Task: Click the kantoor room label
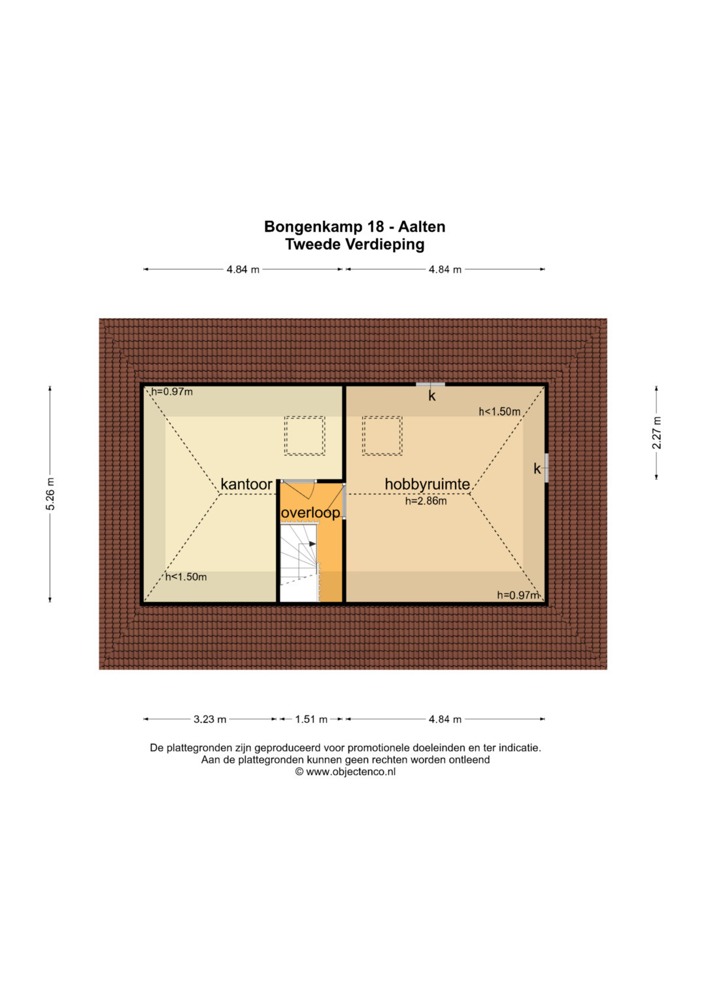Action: [246, 484]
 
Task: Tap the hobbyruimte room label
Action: [428, 484]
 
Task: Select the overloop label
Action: [311, 513]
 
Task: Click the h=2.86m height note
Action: [426, 501]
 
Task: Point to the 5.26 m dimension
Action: [50, 493]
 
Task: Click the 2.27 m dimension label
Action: [656, 433]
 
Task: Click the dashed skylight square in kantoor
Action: [305, 435]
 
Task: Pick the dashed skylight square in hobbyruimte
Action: [382, 435]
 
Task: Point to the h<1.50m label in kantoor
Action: [186, 577]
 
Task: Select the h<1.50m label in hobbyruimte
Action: [499, 412]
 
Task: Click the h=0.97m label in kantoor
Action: [172, 392]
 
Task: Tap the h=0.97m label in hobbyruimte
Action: [518, 595]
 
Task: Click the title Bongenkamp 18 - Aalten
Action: [355, 227]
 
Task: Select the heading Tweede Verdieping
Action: [355, 244]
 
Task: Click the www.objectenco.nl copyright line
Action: [345, 772]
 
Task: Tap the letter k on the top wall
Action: [432, 395]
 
